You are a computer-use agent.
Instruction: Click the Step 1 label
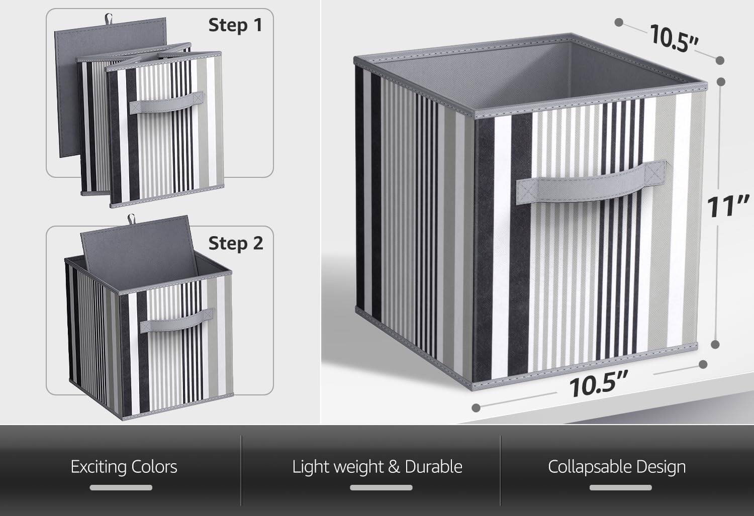[235, 25]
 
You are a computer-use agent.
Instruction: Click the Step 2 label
[235, 243]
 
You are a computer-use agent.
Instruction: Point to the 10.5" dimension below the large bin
[599, 385]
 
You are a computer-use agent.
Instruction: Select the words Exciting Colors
[124, 467]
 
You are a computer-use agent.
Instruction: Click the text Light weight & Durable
[377, 467]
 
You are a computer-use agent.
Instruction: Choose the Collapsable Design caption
[617, 467]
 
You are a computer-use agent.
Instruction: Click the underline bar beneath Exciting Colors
[121, 487]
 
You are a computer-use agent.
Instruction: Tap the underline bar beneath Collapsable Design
[620, 487]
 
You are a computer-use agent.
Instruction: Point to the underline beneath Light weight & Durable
[381, 487]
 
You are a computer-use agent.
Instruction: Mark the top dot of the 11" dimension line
[720, 81]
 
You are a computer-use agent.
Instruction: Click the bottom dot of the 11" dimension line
[715, 345]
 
